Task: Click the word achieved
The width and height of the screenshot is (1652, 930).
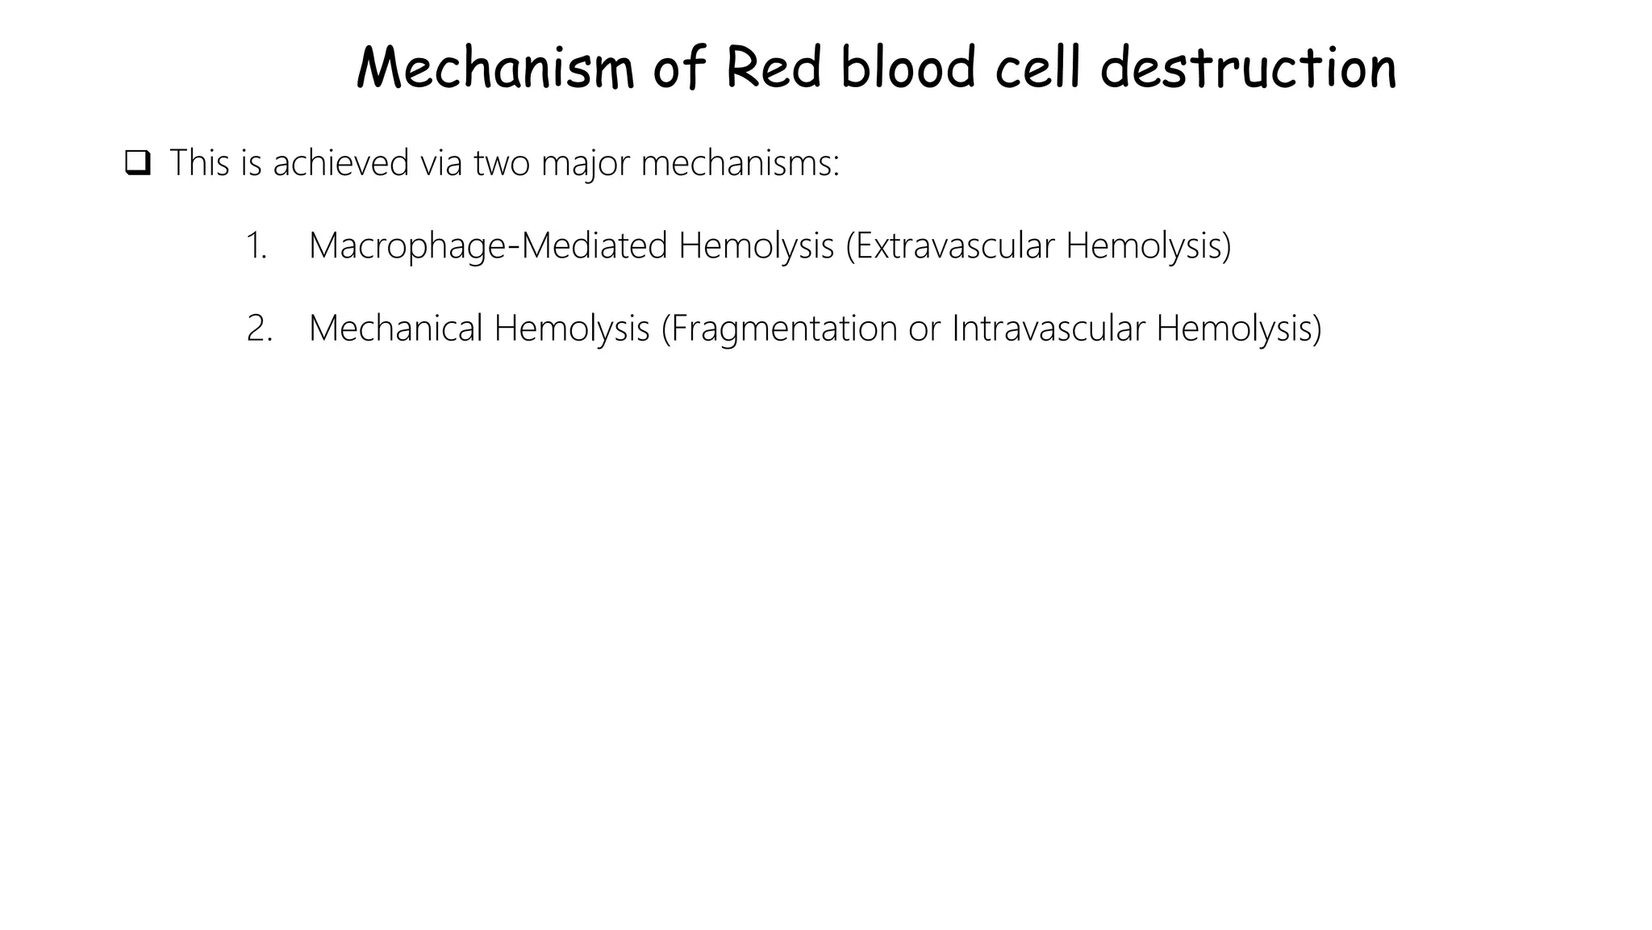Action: [x=341, y=163]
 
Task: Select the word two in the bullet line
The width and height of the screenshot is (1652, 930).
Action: [x=502, y=163]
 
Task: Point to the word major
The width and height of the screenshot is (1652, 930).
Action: [x=586, y=165]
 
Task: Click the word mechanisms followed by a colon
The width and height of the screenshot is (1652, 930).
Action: [x=740, y=163]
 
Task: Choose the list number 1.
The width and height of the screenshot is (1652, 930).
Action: [x=257, y=246]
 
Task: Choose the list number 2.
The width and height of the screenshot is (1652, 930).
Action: [x=259, y=329]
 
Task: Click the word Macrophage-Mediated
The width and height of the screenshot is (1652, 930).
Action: [x=488, y=246]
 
